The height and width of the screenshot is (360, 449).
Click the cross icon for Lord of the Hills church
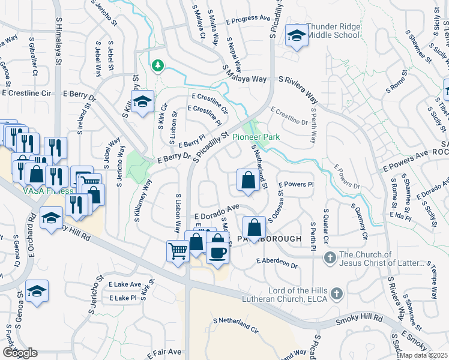pyautogui.click(x=337, y=293)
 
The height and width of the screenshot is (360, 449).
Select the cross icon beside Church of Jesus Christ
pyautogui.click(x=329, y=258)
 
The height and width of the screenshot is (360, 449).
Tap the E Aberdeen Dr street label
pyautogui.click(x=277, y=263)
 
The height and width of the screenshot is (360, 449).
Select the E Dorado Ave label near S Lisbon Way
pyautogui.click(x=217, y=212)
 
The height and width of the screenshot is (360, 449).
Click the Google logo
pyautogui.click(x=19, y=353)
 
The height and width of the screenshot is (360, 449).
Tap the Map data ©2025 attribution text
pyautogui.click(x=423, y=355)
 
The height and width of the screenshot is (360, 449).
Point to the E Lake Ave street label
pyautogui.click(x=125, y=284)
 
